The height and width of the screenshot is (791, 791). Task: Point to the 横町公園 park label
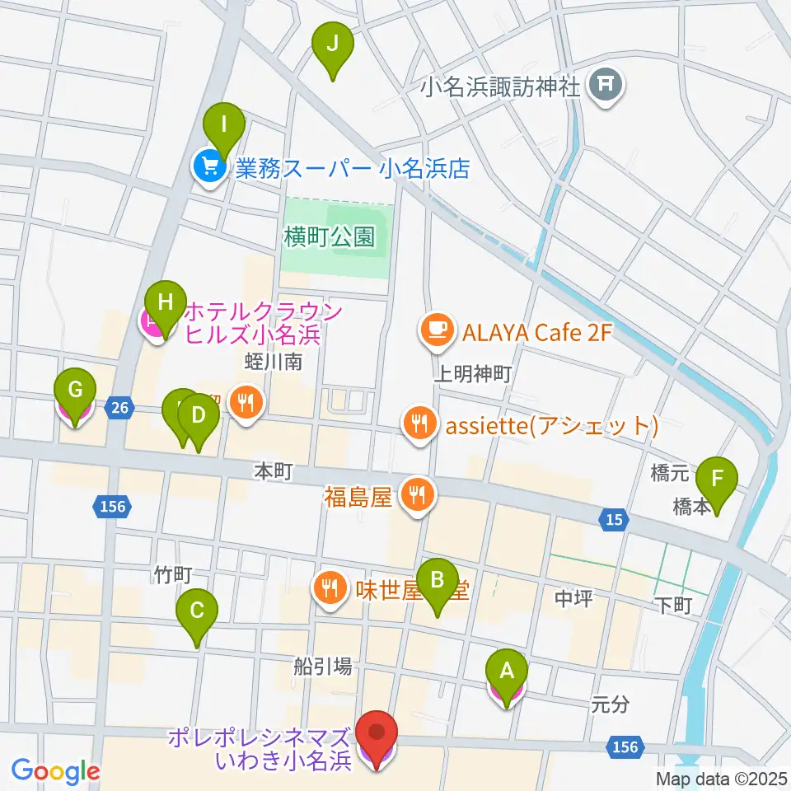click(330, 238)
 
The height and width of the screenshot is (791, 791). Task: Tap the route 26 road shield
click(120, 407)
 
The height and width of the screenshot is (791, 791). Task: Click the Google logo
click(55, 771)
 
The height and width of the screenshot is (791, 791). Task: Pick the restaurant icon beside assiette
click(419, 425)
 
